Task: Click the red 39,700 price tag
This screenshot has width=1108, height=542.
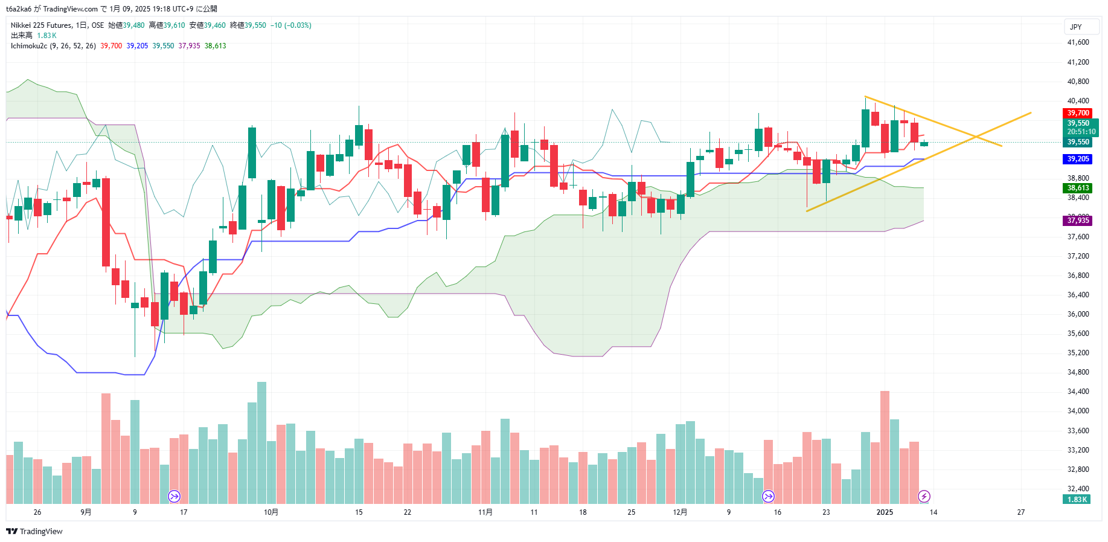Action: click(x=1077, y=113)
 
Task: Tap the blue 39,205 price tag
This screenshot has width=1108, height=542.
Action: click(x=1077, y=159)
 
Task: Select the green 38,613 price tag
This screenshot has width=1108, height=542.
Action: click(x=1077, y=188)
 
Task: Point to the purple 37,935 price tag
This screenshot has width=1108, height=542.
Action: click(x=1077, y=221)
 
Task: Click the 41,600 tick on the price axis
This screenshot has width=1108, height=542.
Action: click(x=1078, y=42)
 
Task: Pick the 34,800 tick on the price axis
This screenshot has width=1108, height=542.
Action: click(x=1078, y=372)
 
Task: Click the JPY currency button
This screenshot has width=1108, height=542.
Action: click(x=1075, y=27)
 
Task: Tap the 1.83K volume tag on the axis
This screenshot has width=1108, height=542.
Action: click(x=1077, y=500)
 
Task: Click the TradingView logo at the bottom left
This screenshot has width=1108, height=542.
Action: click(x=34, y=531)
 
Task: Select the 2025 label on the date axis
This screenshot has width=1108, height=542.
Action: click(x=885, y=512)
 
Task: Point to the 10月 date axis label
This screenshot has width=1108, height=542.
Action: click(x=271, y=512)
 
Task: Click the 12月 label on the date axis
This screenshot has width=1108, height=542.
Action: click(x=680, y=512)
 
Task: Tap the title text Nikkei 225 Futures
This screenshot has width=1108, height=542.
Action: click(x=41, y=25)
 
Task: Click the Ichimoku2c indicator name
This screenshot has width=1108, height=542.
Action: click(x=28, y=46)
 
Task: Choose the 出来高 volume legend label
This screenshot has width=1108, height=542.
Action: click(x=21, y=36)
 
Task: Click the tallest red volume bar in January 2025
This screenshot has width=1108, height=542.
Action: click(x=885, y=447)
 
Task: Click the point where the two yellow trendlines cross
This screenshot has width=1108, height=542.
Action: click(x=976, y=137)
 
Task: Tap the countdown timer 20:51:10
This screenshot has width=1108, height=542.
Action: click(x=1081, y=132)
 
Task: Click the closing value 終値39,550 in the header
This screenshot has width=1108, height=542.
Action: click(x=248, y=25)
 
